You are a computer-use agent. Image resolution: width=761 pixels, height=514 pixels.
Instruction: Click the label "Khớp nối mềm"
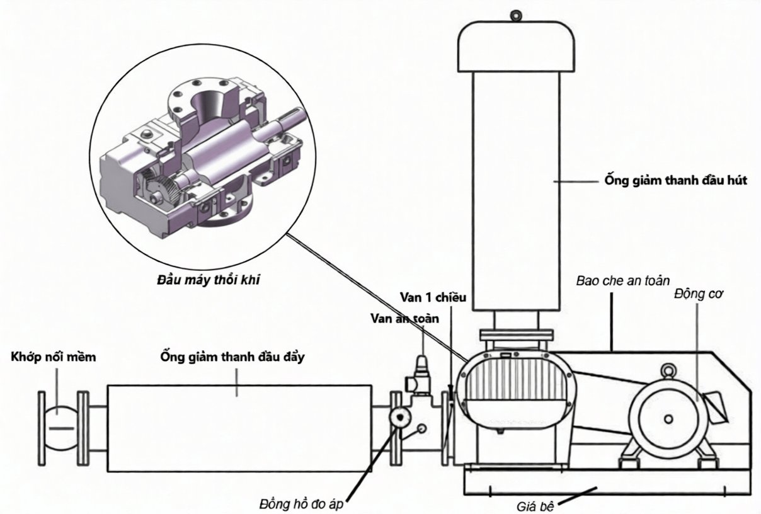point(54,357)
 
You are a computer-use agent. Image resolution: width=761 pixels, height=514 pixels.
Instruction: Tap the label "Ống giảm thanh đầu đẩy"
point(232,357)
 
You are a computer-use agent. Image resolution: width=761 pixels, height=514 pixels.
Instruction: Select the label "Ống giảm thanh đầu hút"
point(676,180)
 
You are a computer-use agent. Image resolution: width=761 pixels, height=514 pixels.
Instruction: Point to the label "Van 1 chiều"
point(433,297)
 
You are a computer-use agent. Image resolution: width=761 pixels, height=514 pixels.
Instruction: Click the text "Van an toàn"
point(404,319)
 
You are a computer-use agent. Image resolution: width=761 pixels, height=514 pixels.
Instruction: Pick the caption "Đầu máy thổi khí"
point(209,280)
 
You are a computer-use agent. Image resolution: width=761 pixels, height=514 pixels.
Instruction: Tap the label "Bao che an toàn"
point(623,281)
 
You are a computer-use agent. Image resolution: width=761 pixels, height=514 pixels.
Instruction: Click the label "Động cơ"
point(699,294)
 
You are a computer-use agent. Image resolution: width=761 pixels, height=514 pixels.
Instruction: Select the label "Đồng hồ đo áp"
point(301,504)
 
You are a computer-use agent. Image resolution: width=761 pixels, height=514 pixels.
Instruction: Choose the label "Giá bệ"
point(535,506)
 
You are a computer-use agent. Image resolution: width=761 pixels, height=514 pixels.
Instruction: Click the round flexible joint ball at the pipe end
point(61,428)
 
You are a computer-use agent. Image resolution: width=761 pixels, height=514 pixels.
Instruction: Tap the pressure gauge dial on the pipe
point(400,418)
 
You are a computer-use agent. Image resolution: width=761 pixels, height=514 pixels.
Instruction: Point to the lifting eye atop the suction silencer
point(516,15)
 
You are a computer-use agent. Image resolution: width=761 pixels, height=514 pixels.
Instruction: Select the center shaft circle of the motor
point(668,420)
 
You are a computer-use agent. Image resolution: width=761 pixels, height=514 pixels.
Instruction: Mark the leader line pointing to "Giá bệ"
point(577,495)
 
